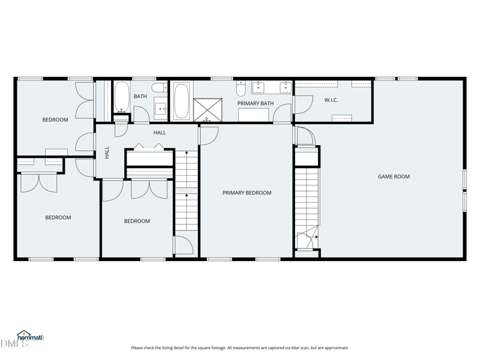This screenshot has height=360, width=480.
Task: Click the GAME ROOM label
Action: point(394,176)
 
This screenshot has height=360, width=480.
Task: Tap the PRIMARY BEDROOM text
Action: point(247,193)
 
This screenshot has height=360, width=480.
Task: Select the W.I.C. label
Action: point(331,100)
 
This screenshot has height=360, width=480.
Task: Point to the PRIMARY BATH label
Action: point(256,103)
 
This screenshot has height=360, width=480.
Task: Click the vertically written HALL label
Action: point(107,152)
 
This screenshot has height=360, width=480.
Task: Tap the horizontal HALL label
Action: point(160,133)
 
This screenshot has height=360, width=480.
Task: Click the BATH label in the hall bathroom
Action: point(140,96)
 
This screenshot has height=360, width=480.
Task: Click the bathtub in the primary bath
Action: point(182,101)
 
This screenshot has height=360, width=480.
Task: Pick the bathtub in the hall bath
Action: point(122,97)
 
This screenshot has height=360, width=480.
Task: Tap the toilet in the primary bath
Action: point(241,89)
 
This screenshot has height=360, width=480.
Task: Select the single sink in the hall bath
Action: point(161,108)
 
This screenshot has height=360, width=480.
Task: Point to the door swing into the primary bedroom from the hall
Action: point(208,136)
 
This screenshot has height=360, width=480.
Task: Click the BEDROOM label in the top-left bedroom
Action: point(55,119)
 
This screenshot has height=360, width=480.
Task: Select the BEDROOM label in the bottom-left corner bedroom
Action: point(58,217)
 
